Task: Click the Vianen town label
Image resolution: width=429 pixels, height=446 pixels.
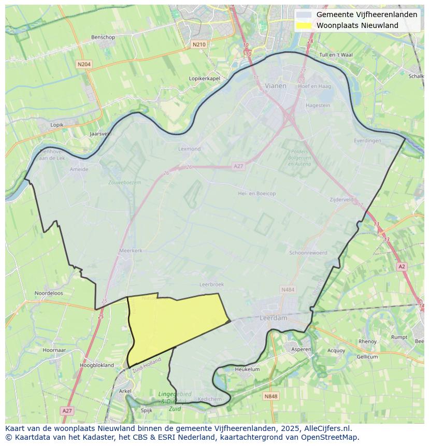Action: pos(275,86)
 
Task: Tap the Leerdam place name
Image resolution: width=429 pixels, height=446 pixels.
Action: pos(273,318)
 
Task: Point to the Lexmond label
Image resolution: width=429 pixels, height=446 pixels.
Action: pos(189,149)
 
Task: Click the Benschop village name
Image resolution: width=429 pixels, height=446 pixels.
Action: pos(103,37)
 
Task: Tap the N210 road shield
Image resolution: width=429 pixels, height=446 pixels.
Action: pos(199,45)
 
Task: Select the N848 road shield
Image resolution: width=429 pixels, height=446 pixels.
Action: pos(270,396)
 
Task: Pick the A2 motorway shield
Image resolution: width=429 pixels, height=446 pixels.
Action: pos(402,266)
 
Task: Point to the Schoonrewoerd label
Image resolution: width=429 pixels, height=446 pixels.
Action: pos(308,253)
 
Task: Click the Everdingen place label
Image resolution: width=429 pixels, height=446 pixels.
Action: pos(367,140)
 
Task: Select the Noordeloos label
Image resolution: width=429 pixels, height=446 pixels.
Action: pos(49,293)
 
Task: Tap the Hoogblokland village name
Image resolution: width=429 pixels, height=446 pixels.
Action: pos(97,365)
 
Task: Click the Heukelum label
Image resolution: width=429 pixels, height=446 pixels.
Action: pos(247,369)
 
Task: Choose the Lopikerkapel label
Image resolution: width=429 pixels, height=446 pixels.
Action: pos(205,78)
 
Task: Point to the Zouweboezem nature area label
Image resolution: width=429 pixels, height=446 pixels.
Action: pos(124,182)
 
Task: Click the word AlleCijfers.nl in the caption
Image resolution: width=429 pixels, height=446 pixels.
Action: pos(328,428)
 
